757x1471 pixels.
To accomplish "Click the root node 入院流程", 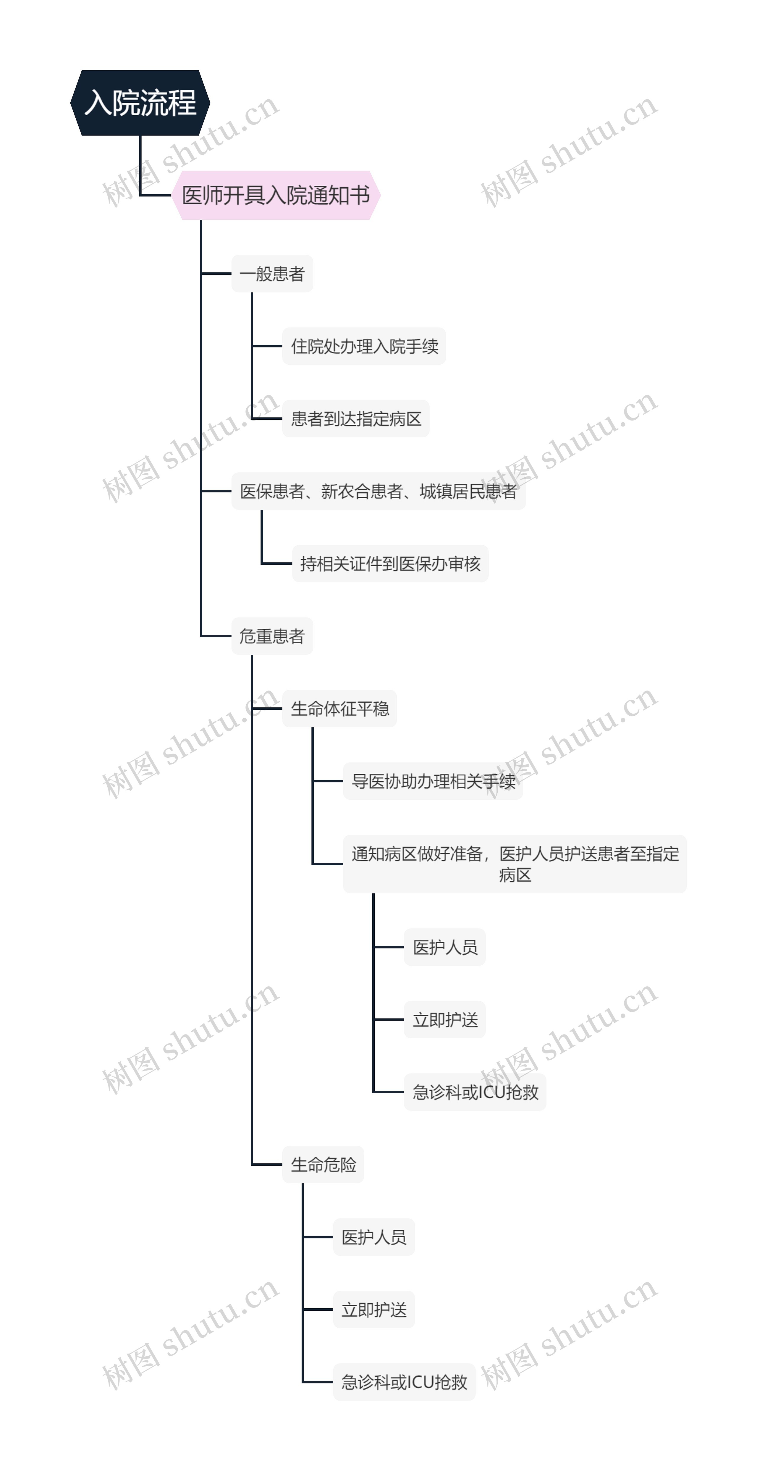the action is tap(140, 103).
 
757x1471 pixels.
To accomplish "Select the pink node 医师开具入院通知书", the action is tap(276, 195).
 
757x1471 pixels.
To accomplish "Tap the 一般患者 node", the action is tap(272, 274).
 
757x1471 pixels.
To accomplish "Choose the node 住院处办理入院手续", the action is tap(364, 346).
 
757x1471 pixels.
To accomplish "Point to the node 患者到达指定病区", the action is tap(356, 418).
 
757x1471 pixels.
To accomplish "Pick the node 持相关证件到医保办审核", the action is tap(390, 564).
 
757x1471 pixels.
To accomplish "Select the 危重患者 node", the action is tap(272, 636).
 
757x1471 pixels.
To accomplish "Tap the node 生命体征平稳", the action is tap(340, 709).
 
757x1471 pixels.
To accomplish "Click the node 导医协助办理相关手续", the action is tap(433, 781).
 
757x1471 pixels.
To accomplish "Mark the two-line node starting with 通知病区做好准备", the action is tap(514, 864).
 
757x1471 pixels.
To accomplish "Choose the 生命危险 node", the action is tap(323, 1164).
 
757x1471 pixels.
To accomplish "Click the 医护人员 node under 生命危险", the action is tap(374, 1237).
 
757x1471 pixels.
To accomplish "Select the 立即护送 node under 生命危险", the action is tap(374, 1310).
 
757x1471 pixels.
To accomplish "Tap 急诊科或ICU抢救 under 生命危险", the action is tap(404, 1382).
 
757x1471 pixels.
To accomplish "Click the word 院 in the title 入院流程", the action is tap(126, 103).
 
